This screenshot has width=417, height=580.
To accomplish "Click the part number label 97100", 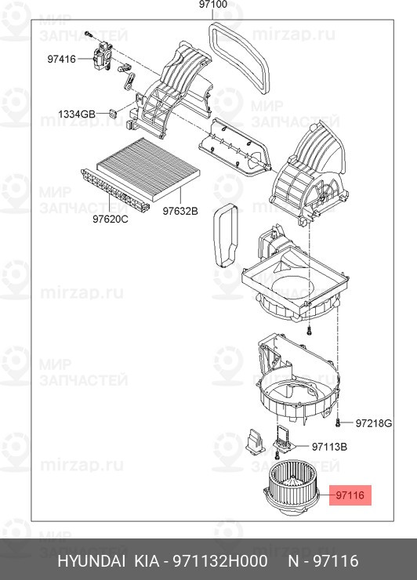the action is tap(212, 5).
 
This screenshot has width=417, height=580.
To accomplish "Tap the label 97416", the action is tap(61, 60).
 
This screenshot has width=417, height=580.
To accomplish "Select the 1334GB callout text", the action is tap(77, 114).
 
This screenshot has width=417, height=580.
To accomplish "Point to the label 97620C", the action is tap(111, 219).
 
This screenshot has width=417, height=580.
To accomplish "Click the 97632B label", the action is tap(180, 211).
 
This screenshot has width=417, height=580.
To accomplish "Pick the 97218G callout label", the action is tap(373, 423).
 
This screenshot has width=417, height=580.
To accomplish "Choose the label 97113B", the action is tap(329, 447).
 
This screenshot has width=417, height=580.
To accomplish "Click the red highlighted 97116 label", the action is tap(350, 495).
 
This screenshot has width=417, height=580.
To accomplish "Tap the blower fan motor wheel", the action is tap(291, 488).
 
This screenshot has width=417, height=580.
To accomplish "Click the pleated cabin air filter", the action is tap(148, 169).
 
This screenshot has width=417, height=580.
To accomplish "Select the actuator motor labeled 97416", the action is tap(102, 56).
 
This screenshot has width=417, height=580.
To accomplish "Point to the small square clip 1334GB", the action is tap(112, 113).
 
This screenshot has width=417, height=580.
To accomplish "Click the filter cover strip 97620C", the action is tap(115, 191).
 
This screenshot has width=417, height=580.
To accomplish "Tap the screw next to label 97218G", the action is tap(338, 422).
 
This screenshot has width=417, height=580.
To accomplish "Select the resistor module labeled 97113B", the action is tap(284, 439).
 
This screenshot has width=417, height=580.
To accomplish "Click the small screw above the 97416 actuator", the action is tap(88, 34).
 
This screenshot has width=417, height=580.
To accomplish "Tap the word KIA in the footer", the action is tap(146, 560).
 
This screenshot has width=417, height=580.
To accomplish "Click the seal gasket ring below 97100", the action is tap(239, 58).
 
